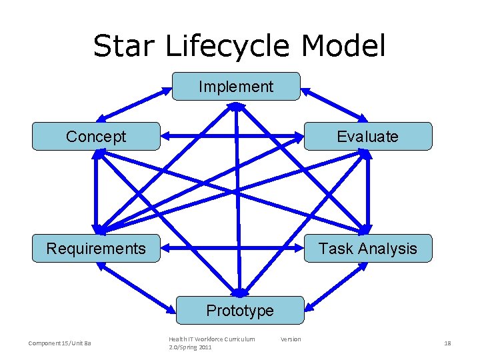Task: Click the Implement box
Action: tap(236, 87)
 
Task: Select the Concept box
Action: tap(96, 137)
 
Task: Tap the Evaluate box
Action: tap(367, 137)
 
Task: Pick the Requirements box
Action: tap(96, 249)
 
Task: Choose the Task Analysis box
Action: tap(367, 249)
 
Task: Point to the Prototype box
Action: tap(239, 311)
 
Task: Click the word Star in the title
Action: tap(125, 47)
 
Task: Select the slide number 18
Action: tap(447, 343)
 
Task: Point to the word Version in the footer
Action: tap(291, 339)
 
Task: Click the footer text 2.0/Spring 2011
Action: tap(190, 347)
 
